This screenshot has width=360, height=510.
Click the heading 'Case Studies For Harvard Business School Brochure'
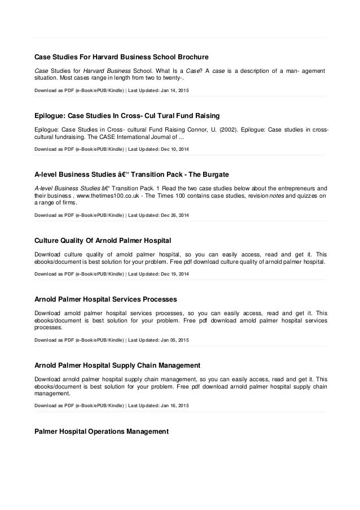pos(122,57)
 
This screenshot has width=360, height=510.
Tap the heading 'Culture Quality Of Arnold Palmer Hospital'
pos(103,241)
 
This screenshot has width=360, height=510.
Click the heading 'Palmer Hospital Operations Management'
pos(102,432)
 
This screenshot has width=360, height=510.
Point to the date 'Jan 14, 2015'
pos(173,90)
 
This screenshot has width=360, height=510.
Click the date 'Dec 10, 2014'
pos(174,150)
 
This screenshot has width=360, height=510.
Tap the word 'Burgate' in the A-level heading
pos(210,172)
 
